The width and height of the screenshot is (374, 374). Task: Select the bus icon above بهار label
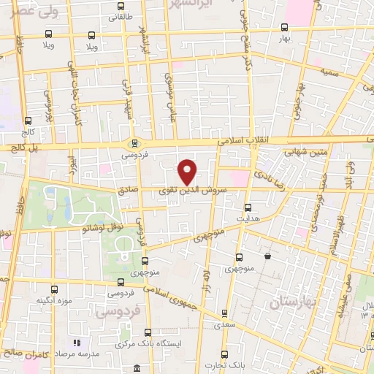pos(284,27)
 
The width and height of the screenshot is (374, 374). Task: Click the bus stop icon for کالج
pos(28,121)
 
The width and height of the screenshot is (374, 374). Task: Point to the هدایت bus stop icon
pos(247,207)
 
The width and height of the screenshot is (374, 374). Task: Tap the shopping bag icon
pos(268,256)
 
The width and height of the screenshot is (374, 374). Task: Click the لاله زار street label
pos(206,280)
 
